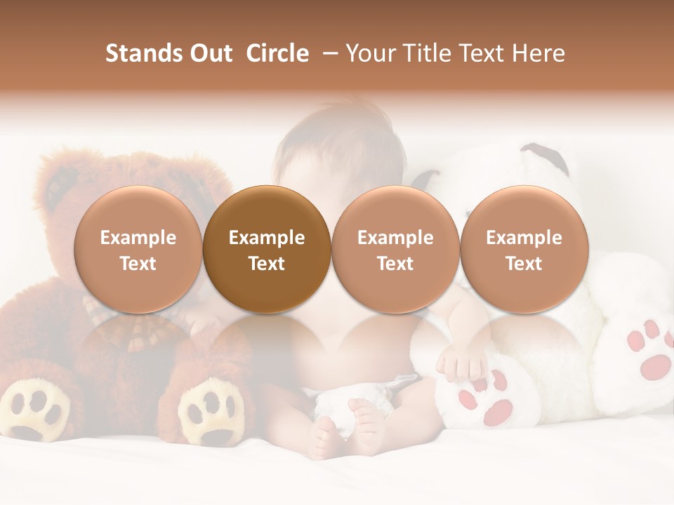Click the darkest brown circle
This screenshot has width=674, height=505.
267,250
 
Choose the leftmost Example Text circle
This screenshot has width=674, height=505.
138,250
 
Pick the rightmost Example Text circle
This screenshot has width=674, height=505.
524,250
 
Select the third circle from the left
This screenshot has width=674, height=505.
395,250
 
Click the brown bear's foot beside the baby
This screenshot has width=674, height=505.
207,414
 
